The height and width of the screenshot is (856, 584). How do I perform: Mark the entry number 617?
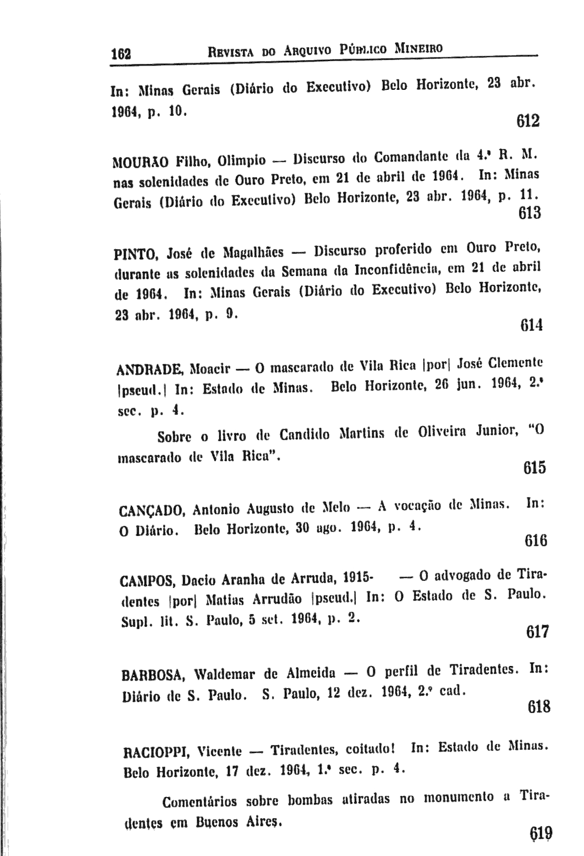[537, 632]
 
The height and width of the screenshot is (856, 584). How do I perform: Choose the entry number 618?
[538, 707]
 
